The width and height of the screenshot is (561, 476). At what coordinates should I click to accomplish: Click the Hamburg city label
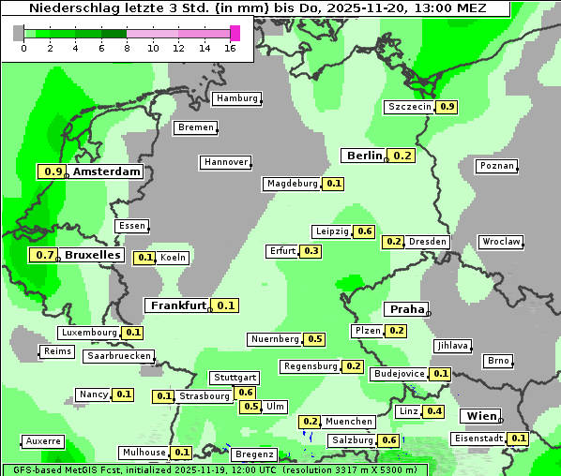click(236, 98)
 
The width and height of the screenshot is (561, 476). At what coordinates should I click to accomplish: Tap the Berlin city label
click(364, 156)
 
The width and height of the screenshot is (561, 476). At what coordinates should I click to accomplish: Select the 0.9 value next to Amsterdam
click(53, 171)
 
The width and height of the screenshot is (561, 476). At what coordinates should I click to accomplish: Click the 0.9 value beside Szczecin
click(447, 107)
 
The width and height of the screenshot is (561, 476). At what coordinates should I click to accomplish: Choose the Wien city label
click(480, 416)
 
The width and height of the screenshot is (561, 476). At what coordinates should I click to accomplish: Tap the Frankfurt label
click(177, 305)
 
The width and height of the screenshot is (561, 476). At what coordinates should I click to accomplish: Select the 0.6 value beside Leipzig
click(365, 231)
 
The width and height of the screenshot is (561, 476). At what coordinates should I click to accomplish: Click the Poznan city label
click(496, 166)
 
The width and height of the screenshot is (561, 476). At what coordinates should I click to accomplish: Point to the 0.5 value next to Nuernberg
click(315, 339)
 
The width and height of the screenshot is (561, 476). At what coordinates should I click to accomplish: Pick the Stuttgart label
click(235, 378)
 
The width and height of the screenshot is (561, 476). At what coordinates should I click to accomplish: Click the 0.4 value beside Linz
click(434, 411)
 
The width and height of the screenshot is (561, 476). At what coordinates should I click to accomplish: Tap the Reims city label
click(56, 351)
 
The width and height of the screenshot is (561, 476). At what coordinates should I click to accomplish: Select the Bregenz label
click(252, 454)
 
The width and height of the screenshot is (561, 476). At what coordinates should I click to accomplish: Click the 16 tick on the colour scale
click(231, 48)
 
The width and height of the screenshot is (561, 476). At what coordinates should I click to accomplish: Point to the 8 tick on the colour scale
click(127, 48)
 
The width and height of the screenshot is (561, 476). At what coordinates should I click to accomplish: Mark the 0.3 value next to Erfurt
click(311, 251)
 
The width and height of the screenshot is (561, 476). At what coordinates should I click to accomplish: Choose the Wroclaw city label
click(501, 242)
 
